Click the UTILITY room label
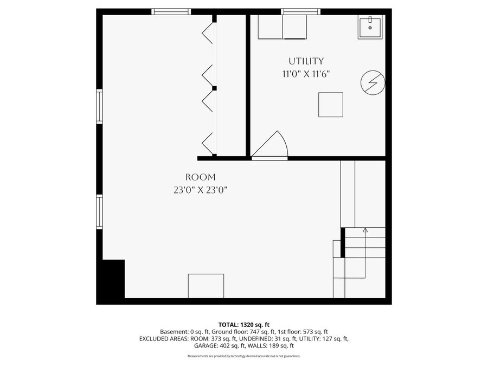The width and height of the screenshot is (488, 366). click(x=306, y=61)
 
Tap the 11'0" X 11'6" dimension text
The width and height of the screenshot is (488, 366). click(x=306, y=74)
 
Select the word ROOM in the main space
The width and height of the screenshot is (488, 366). click(x=200, y=177)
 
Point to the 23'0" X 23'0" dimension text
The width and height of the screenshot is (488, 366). click(x=200, y=190)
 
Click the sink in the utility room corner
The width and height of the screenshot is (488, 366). click(x=370, y=27)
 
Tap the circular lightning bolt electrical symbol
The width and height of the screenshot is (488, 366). click(x=373, y=82)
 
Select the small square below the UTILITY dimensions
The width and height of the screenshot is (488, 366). click(x=330, y=105)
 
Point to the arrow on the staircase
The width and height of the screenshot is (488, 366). click(x=365, y=231)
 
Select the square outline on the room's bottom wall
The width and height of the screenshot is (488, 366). click(x=206, y=286)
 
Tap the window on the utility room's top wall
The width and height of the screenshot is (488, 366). click(x=300, y=11)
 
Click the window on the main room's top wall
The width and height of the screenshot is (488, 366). click(x=171, y=11)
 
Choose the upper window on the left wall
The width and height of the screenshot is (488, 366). click(x=99, y=106)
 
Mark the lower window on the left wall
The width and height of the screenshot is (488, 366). click(x=99, y=211)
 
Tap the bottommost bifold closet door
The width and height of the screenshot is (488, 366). click(x=208, y=144)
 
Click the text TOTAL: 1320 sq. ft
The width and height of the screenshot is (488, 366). click(x=243, y=324)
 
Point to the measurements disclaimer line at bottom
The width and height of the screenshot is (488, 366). click(x=243, y=356)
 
